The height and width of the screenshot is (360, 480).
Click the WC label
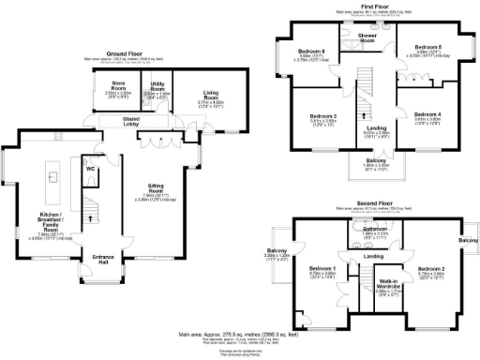tap(92, 170)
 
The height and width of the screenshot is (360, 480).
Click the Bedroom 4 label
tap(427, 115)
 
